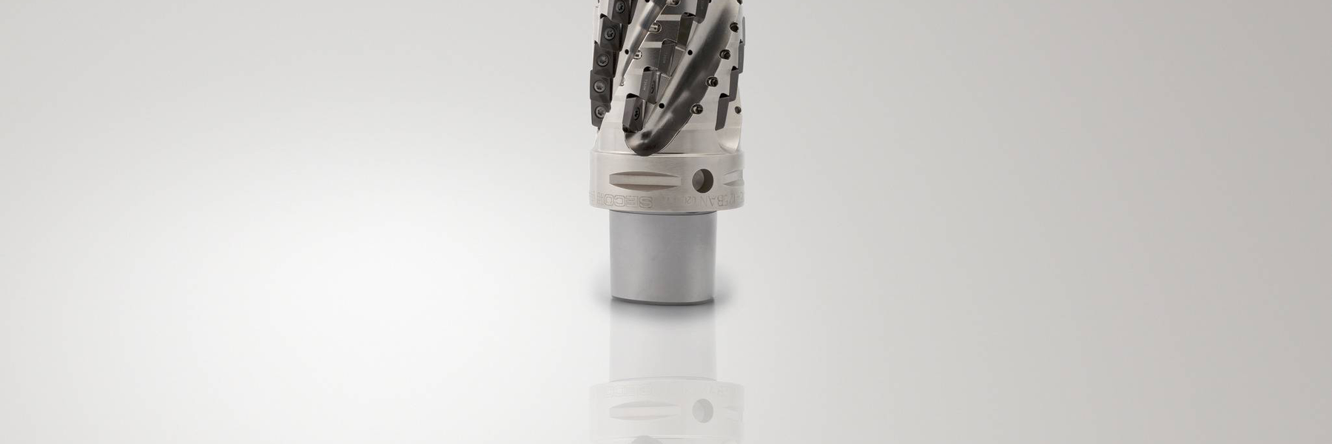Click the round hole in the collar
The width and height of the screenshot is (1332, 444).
pyautogui.click(x=702, y=181)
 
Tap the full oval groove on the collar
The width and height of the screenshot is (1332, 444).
pyautogui.click(x=644, y=180)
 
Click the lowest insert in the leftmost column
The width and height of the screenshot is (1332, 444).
pyautogui.click(x=599, y=111)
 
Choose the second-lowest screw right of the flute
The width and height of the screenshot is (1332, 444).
pyautogui.click(x=712, y=82)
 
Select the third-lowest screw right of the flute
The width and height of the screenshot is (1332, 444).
pyautogui.click(x=724, y=54)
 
